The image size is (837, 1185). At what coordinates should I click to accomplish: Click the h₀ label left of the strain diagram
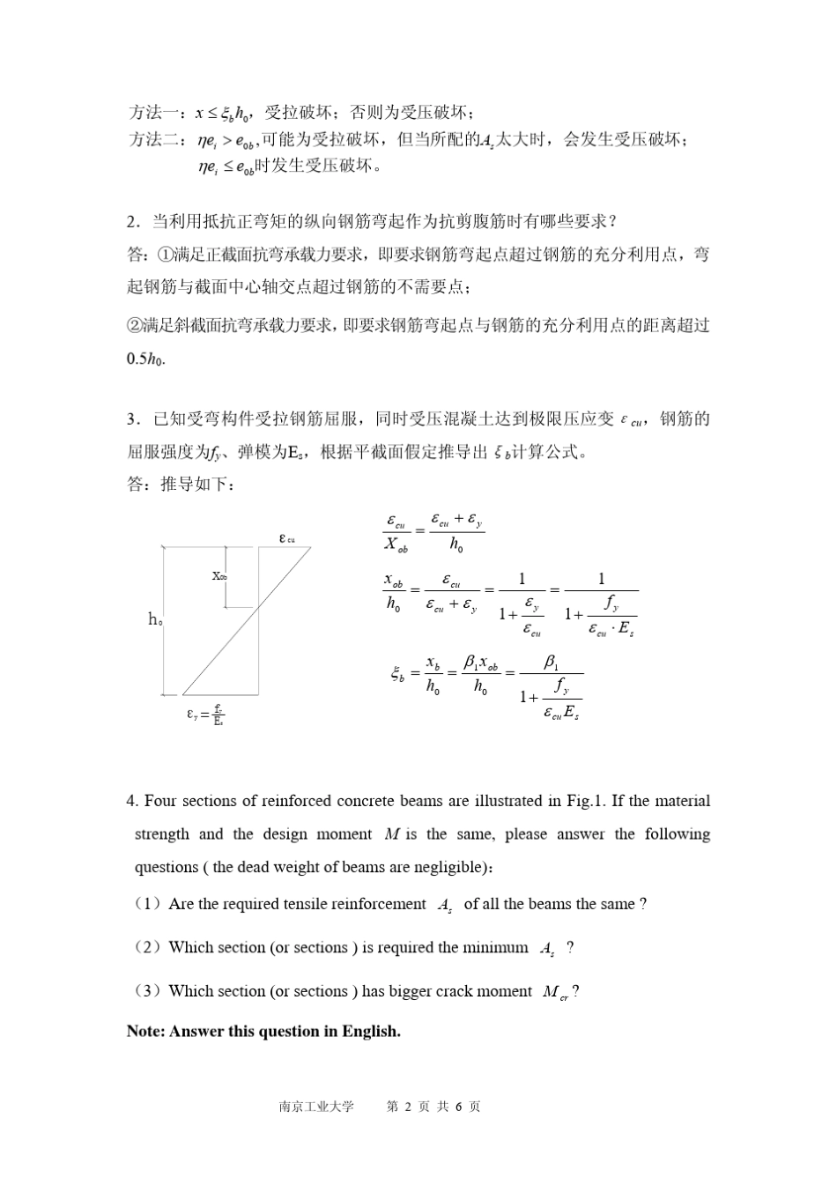pos(154,620)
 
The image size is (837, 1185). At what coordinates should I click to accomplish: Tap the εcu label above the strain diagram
pos(286,538)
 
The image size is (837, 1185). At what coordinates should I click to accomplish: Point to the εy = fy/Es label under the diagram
pos(205,715)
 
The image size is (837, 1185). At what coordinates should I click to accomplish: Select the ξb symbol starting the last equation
pos(399,675)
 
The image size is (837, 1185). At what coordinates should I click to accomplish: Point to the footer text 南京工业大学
pos(315,1107)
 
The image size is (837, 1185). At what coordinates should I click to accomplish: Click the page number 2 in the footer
pos(407,1107)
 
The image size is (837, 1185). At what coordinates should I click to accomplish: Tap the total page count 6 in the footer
pos(460,1107)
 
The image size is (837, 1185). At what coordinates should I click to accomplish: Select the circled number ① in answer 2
pos(166,255)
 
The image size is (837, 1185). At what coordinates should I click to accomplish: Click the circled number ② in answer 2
pos(135,326)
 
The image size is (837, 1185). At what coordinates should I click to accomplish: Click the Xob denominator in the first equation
pos(396,546)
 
